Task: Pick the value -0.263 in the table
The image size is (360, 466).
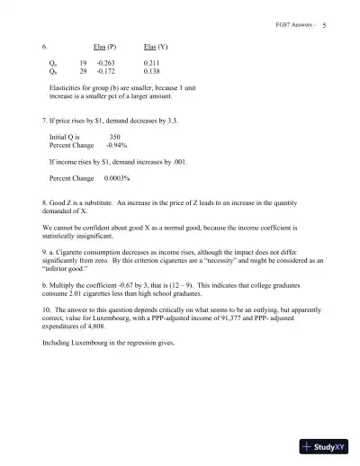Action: (107, 62)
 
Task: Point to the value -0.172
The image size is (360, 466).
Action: (107, 70)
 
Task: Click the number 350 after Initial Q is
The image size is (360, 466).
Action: (114, 135)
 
